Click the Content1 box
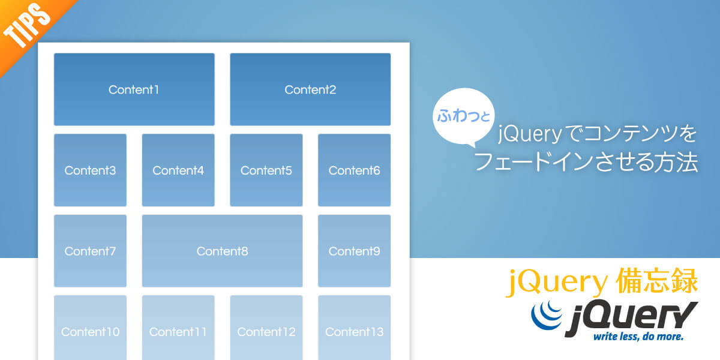[x=134, y=89]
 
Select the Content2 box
[x=310, y=89]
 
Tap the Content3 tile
[x=90, y=170]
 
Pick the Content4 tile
[x=178, y=170]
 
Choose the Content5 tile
[x=266, y=170]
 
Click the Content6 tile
[x=354, y=170]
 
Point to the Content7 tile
[x=90, y=251]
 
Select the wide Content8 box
[x=222, y=251]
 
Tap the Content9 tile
[x=354, y=251]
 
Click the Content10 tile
[x=90, y=328]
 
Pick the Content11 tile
[x=178, y=328]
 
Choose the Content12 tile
[x=266, y=328]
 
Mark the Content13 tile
[x=354, y=328]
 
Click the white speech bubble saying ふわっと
[x=463, y=116]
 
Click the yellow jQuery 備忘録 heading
[x=601, y=281]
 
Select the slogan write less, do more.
[x=638, y=337]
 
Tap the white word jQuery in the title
[x=529, y=134]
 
